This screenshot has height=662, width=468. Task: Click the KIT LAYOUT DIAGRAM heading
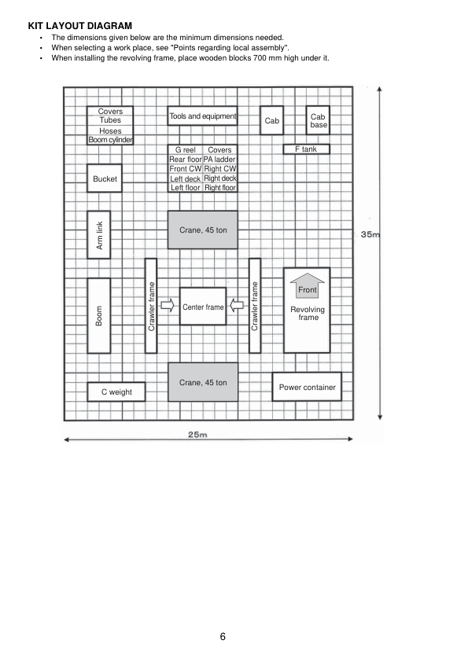point(79,26)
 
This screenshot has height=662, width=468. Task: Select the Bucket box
point(104,179)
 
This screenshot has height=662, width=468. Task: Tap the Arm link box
point(99,234)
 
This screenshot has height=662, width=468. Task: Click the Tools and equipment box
point(202,116)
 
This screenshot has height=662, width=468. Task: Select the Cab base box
point(319,120)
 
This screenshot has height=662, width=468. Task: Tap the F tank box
point(306,149)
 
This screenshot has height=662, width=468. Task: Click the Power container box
point(307,387)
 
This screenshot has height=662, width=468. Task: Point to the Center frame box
point(203,307)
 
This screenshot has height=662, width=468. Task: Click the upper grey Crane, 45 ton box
point(202,230)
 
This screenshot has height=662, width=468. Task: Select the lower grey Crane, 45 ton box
point(202,382)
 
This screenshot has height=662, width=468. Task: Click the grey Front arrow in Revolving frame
point(307,285)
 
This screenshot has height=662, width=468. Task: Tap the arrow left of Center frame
point(168,307)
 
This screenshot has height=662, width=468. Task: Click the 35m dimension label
point(371,234)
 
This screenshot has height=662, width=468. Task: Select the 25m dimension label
point(198,436)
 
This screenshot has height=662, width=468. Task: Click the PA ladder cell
point(219,159)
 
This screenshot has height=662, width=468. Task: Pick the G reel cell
point(185,149)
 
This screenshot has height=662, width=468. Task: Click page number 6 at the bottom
point(223,636)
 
